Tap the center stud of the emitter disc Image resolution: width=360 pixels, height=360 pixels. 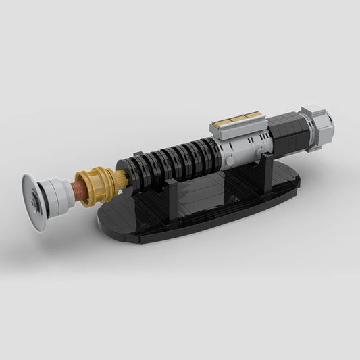coord(34,201)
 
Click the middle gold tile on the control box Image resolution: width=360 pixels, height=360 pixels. coord(237,120)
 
